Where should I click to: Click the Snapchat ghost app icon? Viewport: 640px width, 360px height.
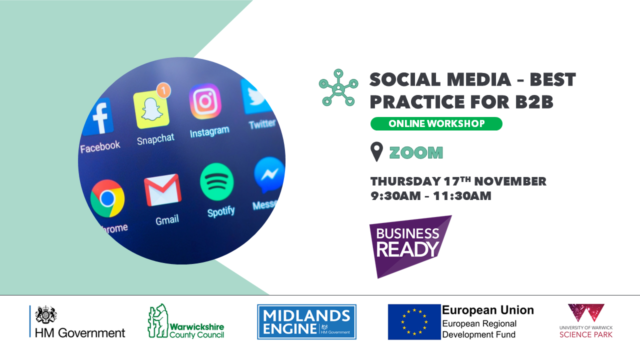[151, 109]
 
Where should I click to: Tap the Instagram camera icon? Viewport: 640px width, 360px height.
[205, 101]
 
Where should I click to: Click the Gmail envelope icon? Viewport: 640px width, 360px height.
[162, 189]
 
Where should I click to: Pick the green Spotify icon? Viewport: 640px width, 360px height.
[217, 181]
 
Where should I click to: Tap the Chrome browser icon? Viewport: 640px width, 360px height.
[107, 198]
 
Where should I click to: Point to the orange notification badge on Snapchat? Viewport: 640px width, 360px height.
[163, 90]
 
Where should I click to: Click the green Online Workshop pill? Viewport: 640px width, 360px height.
[436, 123]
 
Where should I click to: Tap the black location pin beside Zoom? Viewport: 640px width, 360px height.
[376, 151]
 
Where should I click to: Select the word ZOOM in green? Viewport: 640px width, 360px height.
[416, 152]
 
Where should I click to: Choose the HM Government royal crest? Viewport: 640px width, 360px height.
[45, 314]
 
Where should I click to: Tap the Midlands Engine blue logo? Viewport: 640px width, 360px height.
[306, 321]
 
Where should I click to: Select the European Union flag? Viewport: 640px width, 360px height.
[414, 322]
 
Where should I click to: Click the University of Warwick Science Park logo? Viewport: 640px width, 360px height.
[586, 321]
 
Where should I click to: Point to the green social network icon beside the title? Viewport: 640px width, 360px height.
[338, 87]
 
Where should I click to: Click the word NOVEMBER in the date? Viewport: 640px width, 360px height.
[510, 181]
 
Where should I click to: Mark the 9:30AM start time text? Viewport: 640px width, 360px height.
[395, 196]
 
